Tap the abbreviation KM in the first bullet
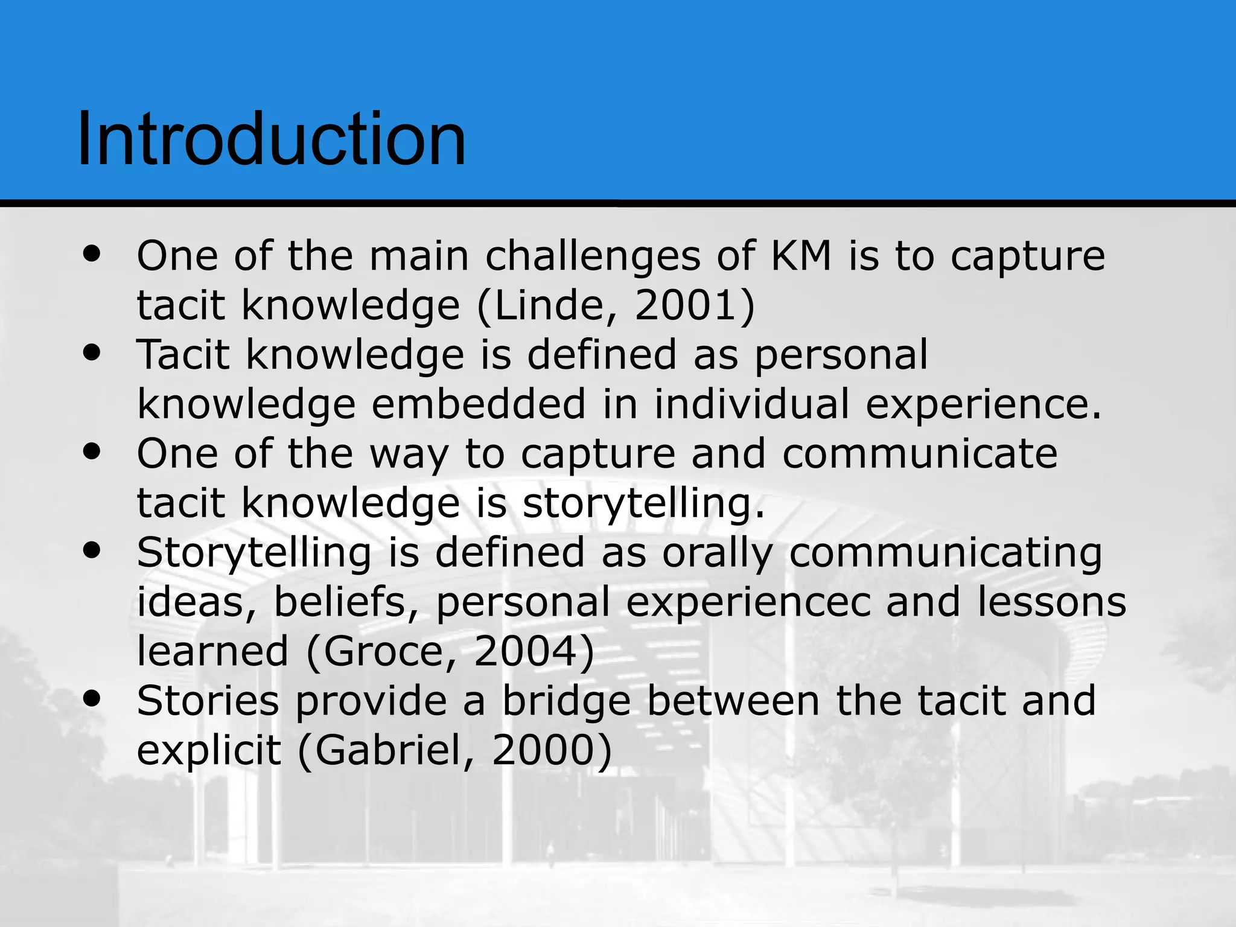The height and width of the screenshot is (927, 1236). (x=801, y=256)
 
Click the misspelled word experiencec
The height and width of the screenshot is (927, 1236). (x=748, y=603)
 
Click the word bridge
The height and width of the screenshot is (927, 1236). (x=567, y=701)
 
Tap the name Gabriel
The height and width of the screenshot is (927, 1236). (x=389, y=751)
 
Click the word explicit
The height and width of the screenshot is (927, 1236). (x=209, y=751)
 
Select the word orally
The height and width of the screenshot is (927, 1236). (x=718, y=553)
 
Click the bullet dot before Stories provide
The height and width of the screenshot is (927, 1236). (x=92, y=699)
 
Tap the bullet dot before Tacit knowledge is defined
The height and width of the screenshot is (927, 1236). (x=92, y=352)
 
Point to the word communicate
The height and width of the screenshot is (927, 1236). (x=920, y=453)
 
